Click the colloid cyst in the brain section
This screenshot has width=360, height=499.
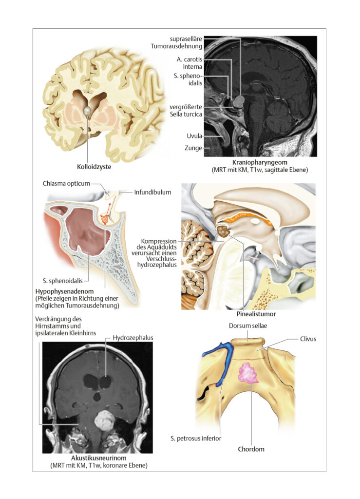click(87, 111)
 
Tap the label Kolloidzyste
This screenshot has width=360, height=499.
click(94, 167)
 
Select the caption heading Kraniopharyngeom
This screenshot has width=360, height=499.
click(260, 162)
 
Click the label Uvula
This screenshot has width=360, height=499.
click(194, 136)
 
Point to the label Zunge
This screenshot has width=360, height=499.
click(193, 148)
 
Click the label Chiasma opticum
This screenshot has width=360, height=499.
click(66, 184)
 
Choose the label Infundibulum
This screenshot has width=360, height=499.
click(152, 192)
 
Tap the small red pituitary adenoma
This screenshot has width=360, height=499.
click(105, 219)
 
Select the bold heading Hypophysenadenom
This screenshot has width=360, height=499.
click(65, 291)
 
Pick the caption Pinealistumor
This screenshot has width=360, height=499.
click(256, 314)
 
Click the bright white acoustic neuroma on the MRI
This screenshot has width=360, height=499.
click(104, 421)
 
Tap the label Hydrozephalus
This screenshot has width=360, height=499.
click(133, 338)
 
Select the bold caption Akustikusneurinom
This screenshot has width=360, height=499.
click(99, 458)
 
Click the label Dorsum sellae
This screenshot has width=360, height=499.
click(248, 326)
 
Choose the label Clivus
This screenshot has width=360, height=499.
click(308, 339)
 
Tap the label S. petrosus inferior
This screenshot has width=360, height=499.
click(196, 439)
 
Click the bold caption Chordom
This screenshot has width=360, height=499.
click(251, 449)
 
